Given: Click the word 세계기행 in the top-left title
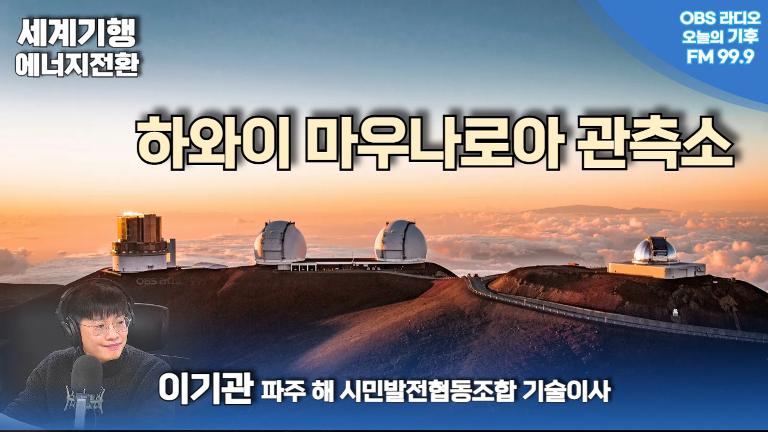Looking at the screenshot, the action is click(76, 32).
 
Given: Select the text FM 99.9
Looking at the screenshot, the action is click(721, 56).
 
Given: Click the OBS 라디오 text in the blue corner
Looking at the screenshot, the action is click(720, 18).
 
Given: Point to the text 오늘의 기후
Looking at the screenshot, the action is click(720, 37).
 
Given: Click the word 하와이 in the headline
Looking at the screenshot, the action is click(213, 143).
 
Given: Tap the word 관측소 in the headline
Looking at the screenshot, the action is click(655, 143).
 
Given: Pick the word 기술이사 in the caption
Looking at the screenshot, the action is click(566, 391).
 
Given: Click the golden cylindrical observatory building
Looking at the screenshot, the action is click(140, 242).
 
